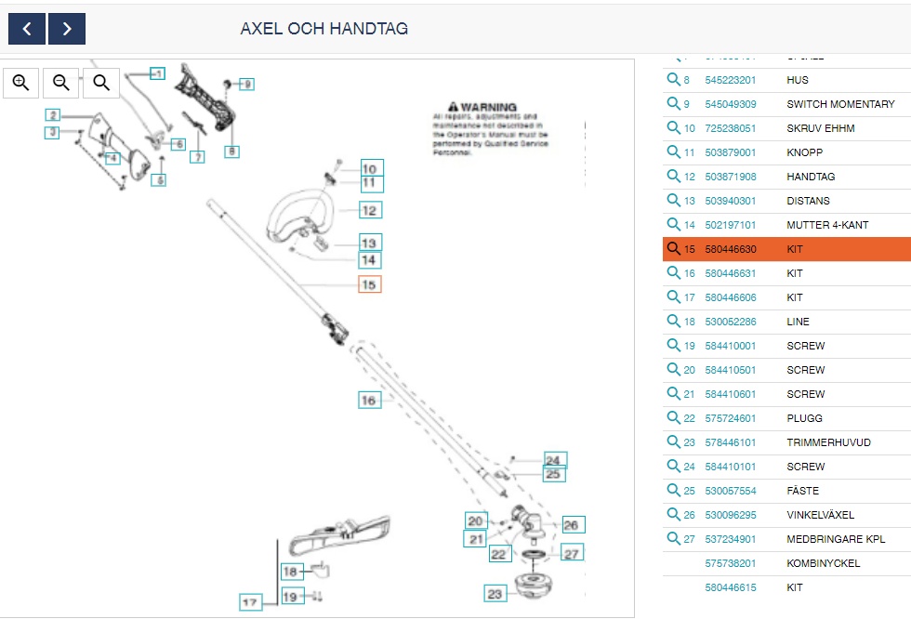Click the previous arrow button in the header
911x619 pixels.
27,29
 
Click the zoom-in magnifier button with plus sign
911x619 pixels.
21,83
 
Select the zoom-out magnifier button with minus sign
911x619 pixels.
61,83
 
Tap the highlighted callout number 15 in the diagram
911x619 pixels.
369,284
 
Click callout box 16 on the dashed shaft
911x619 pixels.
370,400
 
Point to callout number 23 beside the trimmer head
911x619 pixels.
495,594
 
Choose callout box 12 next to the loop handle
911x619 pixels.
369,211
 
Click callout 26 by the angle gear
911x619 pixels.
571,525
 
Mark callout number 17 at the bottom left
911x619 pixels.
250,602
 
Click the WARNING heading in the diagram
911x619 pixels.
482,107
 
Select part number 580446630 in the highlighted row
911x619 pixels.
730,249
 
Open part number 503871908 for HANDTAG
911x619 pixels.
730,177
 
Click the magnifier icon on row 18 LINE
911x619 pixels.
674,322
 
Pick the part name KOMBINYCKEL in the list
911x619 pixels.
823,563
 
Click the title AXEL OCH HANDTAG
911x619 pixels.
323,29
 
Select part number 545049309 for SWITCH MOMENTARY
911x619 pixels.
730,104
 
